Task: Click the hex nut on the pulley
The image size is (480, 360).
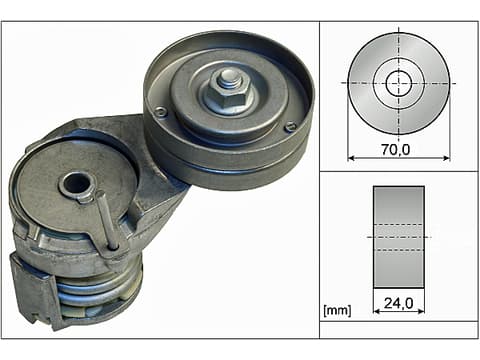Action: click(x=230, y=94)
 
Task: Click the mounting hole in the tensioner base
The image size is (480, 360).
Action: click(x=76, y=184)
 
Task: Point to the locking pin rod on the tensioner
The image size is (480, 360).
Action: click(x=107, y=220)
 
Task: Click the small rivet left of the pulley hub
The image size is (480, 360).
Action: click(x=161, y=112)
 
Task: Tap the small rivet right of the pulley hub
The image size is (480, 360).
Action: click(x=290, y=126)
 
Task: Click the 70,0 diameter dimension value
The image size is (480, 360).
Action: click(x=396, y=150)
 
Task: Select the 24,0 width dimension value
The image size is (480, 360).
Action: click(x=399, y=303)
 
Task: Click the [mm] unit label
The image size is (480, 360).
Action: click(x=337, y=310)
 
